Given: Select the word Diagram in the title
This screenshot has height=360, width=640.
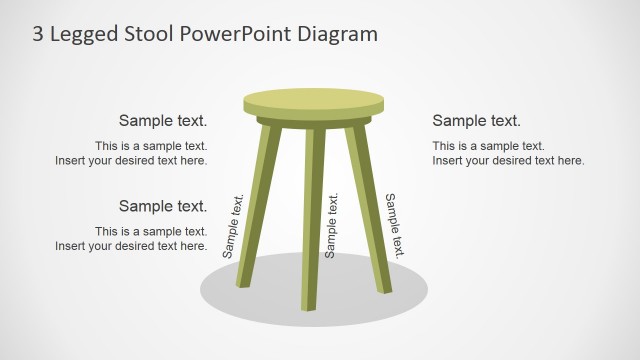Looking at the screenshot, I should pos(332,34).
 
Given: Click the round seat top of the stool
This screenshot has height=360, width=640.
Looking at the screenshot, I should pos(313,101).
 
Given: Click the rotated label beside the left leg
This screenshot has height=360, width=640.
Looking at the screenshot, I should pos(233,227).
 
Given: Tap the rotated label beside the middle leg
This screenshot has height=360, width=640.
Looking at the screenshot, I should pos(332,227).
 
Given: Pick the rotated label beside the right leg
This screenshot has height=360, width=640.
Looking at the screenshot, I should pos(395,226).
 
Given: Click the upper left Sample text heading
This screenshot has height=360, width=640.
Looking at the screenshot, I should pos(163,121).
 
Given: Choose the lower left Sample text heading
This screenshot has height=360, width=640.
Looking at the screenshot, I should pos(163,206).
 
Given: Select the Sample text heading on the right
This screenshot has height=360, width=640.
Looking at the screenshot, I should pos(476,121).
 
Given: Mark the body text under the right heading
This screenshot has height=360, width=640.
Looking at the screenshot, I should pos(508,153).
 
